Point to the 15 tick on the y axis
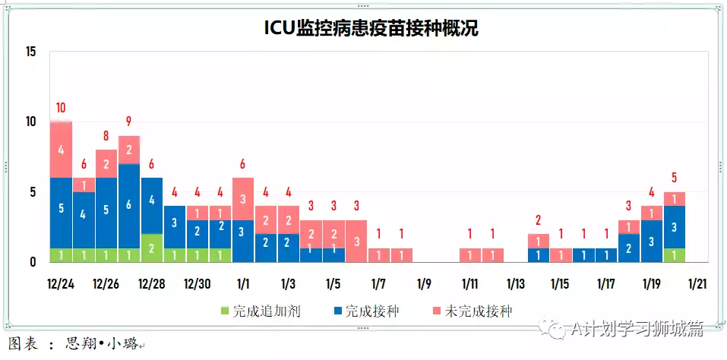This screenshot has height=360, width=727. click(30, 52)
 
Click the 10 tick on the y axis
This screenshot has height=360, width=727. click(30, 122)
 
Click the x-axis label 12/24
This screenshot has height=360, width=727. click(60, 284)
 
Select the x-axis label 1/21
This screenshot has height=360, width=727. click(697, 284)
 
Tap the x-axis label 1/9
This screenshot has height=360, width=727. click(424, 284)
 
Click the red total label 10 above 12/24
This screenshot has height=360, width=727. click(60, 107)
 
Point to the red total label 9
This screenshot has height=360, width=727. click(129, 122)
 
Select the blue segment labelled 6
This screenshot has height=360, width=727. click(129, 205)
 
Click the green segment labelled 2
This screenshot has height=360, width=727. click(152, 248)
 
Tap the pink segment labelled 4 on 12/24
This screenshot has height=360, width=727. click(60, 150)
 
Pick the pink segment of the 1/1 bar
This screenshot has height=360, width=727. click(242, 199)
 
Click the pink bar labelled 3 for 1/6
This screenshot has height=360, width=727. click(356, 241)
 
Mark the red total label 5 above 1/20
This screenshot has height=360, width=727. click(674, 178)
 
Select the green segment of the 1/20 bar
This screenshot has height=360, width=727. click(674, 255)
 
